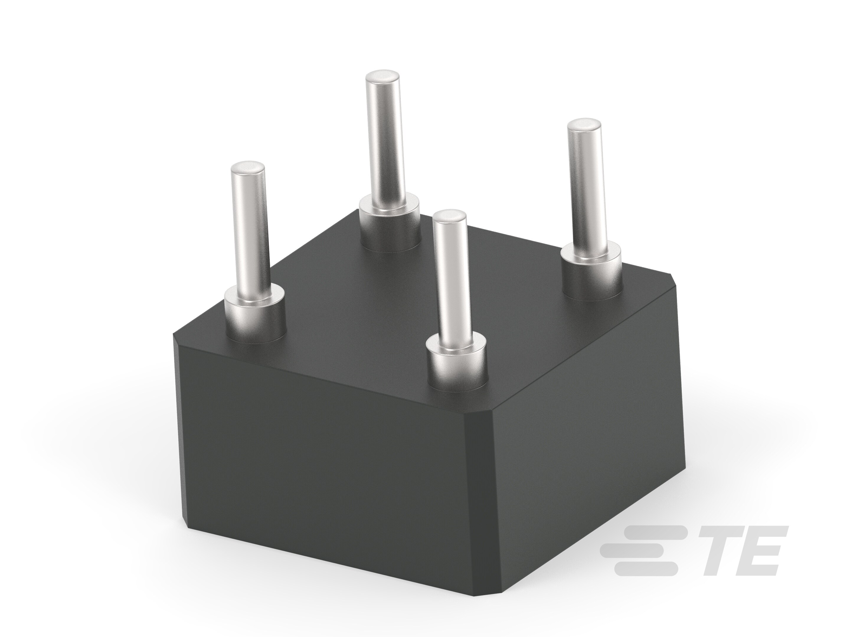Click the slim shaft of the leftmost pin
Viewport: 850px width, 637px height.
pos(250,230)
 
